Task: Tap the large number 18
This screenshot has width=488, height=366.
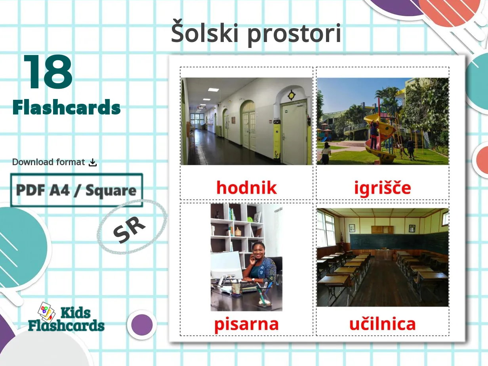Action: pos(48,72)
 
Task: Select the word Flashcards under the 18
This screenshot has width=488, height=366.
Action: pos(67,107)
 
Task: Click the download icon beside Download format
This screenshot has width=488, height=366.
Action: pos(93,162)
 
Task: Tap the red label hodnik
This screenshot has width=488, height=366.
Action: pos(246,187)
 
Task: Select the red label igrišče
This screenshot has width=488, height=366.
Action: pos(382,188)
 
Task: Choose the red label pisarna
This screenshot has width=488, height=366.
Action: pos(246,324)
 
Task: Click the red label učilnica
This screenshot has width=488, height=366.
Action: pos(382,324)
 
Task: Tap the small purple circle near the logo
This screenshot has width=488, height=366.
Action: pos(142,325)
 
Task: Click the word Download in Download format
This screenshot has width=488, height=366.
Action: pos(32,162)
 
